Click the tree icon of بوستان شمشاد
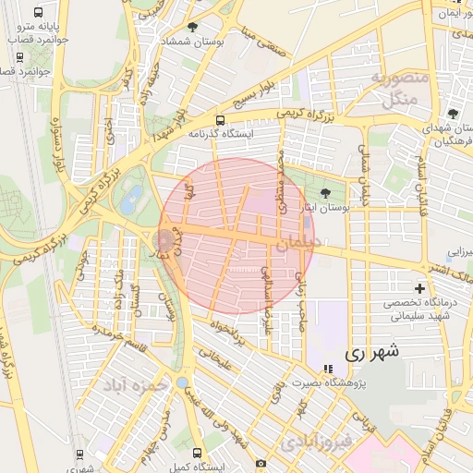(192, 27)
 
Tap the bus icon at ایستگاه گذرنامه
(220, 120)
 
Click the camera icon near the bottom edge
(261, 463)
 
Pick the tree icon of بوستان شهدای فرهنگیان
(452, 113)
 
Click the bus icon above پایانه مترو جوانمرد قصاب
(38, 14)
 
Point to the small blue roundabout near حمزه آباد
(182, 382)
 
